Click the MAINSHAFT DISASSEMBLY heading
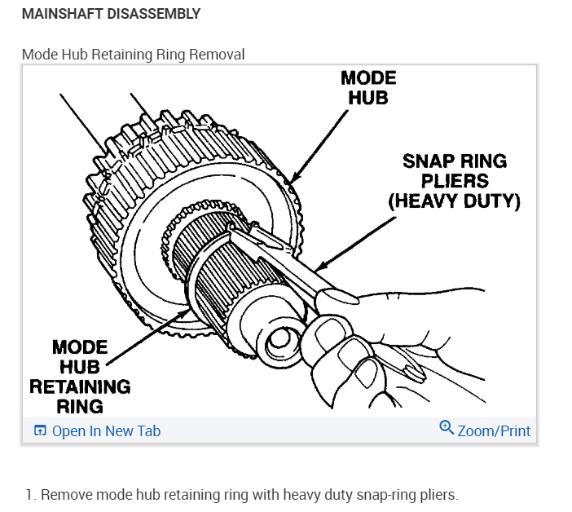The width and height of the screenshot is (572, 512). pyautogui.click(x=111, y=15)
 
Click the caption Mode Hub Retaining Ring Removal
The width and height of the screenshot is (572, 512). pyautogui.click(x=133, y=54)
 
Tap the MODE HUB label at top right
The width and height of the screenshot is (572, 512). pyautogui.click(x=367, y=88)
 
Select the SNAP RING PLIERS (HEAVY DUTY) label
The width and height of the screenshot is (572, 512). pyautogui.click(x=454, y=180)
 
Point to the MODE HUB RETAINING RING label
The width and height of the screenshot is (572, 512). pyautogui.click(x=80, y=377)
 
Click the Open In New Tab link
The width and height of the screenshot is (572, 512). pyautogui.click(x=106, y=431)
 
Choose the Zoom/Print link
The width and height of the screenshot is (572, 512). pyautogui.click(x=494, y=431)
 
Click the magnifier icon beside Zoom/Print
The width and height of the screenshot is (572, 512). pyautogui.click(x=446, y=428)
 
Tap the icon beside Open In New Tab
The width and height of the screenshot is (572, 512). pyautogui.click(x=40, y=431)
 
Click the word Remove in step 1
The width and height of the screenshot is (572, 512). pyautogui.click(x=65, y=494)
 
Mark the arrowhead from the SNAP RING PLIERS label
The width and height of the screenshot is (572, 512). pyautogui.click(x=319, y=268)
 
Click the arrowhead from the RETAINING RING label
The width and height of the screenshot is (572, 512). pyautogui.click(x=190, y=311)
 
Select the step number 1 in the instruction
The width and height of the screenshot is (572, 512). pyautogui.click(x=30, y=494)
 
